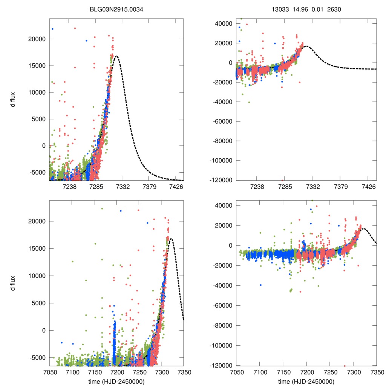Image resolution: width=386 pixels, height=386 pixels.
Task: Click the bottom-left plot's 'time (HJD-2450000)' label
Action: point(116,381)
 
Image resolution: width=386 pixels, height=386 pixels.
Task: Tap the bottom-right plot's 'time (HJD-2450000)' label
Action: point(306,381)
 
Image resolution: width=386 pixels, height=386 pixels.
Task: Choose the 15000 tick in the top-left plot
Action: point(37,66)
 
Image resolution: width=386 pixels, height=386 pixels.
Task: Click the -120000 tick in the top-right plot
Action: point(221,180)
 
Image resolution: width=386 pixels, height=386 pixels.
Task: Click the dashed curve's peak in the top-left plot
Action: point(117,56)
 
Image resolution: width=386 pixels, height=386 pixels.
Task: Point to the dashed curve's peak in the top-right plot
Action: point(306,46)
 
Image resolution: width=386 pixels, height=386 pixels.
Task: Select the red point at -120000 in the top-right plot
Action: point(282,180)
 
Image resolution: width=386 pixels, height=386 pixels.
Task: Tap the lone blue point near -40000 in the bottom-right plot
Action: point(260,285)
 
